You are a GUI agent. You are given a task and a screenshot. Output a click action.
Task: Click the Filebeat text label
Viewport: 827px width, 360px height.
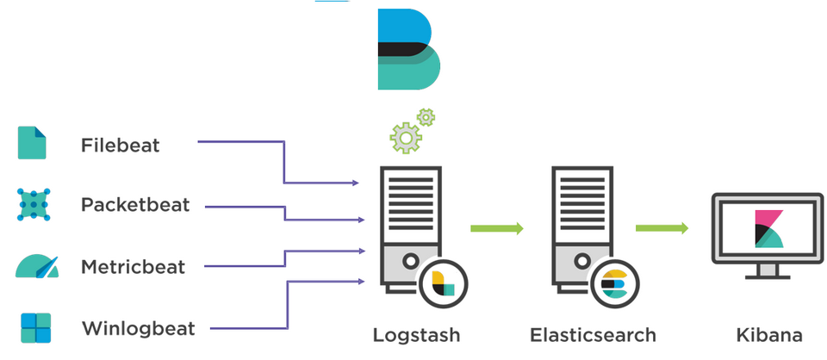tap(121, 146)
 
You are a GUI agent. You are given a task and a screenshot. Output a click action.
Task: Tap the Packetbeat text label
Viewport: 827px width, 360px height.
tap(135, 204)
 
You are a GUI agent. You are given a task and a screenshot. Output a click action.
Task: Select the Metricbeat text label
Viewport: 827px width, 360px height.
tap(133, 267)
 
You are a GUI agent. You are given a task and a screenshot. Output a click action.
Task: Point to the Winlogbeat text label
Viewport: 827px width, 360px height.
tap(138, 329)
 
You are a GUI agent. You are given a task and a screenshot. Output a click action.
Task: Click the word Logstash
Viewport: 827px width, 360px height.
tap(416, 335)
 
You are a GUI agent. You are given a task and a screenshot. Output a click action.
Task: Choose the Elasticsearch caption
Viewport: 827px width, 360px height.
tap(593, 335)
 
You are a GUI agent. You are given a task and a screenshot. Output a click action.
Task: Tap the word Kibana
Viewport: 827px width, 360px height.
tap(769, 335)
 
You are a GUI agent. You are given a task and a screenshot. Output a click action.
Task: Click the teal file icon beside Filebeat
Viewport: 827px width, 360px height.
tap(32, 142)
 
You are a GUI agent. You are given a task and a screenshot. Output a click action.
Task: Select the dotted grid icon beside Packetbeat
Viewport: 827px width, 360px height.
tap(34, 204)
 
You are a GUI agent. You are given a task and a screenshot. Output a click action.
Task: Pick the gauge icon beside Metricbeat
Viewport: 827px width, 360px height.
tap(37, 266)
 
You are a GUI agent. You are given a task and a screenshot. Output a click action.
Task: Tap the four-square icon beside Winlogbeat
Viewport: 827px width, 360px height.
tap(36, 328)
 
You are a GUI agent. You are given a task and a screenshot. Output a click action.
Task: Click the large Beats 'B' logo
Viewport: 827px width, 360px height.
tap(408, 49)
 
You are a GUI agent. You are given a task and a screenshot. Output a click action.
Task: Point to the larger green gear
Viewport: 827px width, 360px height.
tap(406, 138)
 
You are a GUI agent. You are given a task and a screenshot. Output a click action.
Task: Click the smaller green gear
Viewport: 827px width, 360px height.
tap(426, 117)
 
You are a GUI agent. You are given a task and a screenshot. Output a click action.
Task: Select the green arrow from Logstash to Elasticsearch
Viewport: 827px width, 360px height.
tap(497, 228)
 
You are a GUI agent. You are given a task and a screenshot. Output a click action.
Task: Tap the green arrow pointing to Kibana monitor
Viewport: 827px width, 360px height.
tap(662, 227)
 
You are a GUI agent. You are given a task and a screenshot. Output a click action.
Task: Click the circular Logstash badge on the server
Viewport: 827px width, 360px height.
tap(444, 284)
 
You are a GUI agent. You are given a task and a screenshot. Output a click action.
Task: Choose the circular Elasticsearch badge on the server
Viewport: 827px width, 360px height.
tap(615, 284)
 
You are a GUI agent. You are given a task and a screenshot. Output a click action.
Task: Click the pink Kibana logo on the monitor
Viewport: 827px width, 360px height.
tap(768, 229)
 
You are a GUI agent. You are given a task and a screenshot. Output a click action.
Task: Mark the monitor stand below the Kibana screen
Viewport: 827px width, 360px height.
tap(768, 271)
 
